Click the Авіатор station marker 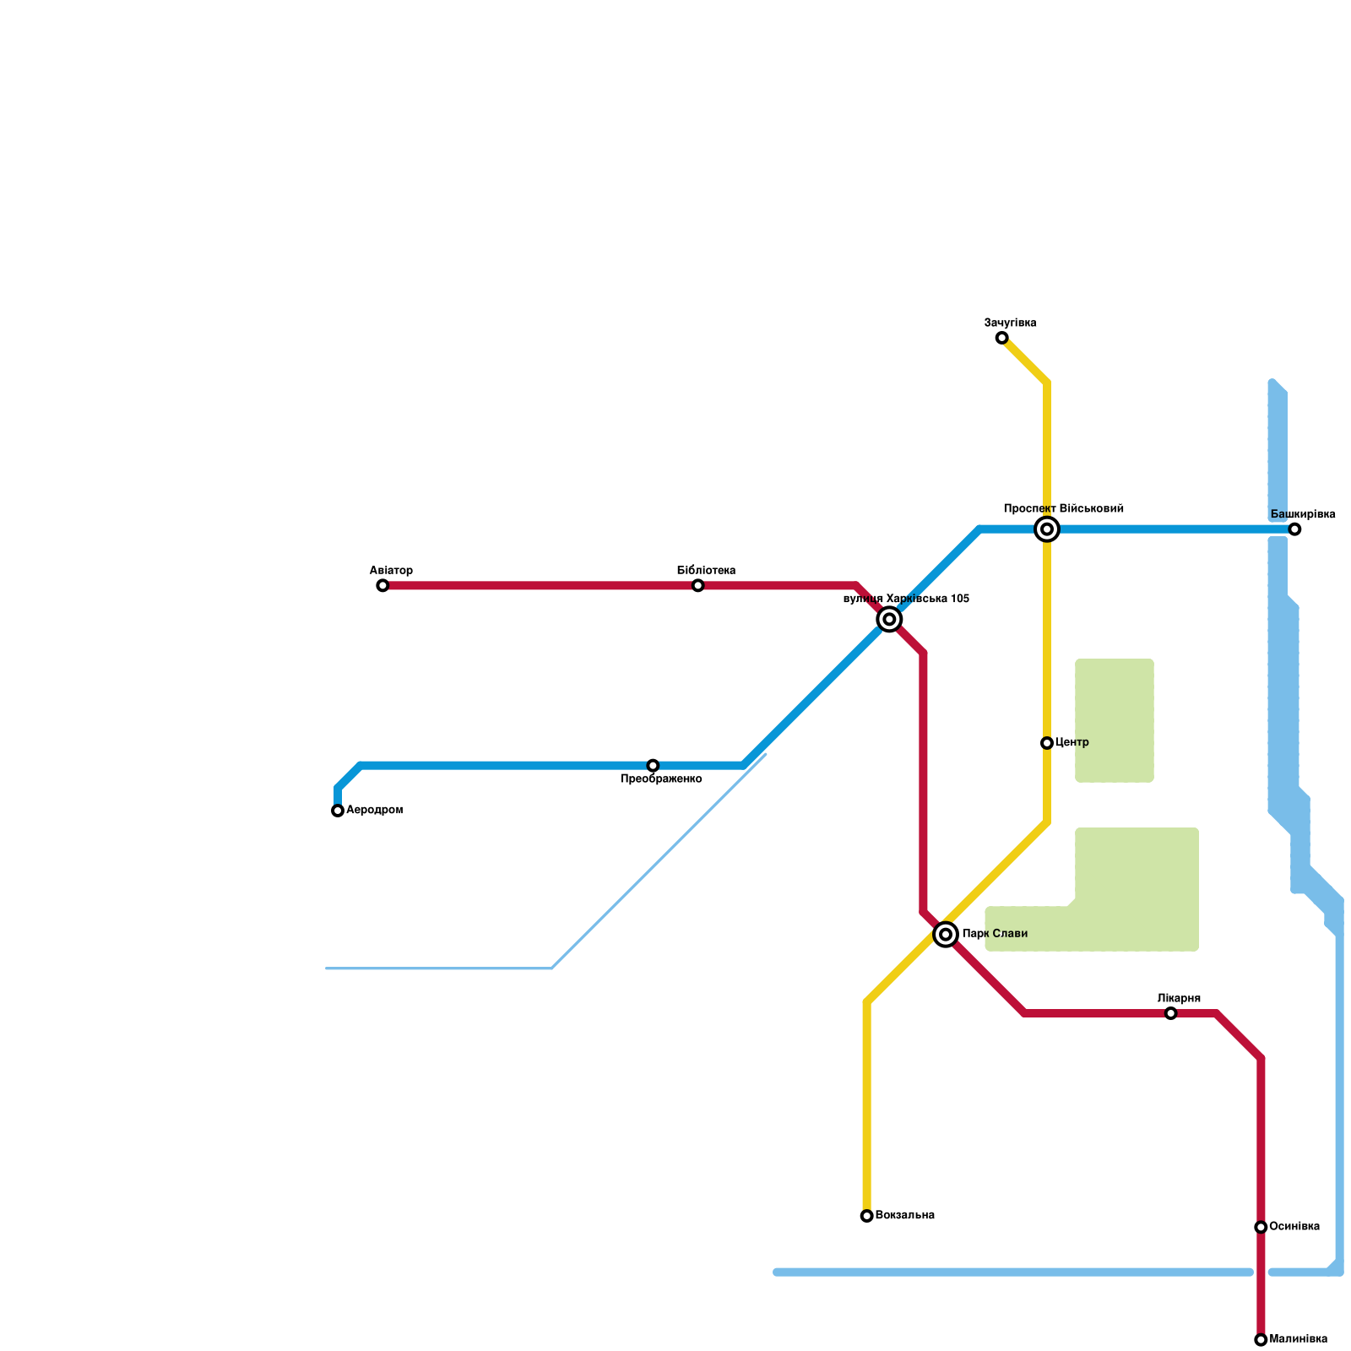tap(383, 585)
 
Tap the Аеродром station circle tap(338, 811)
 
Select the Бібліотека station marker tap(697, 585)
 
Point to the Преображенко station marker tap(653, 766)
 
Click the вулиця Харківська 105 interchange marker tap(889, 619)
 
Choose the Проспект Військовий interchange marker tap(1047, 529)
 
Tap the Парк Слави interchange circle tap(946, 935)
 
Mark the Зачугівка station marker tap(1001, 338)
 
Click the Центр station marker tap(1047, 743)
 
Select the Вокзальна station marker tap(866, 1216)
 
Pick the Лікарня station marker tap(1170, 1013)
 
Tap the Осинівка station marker tap(1261, 1227)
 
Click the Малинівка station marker tap(1261, 1340)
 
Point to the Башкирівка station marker tap(1294, 529)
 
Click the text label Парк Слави tap(995, 934)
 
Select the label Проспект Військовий tap(1063, 509)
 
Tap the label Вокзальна tap(905, 1216)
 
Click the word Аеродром tap(375, 811)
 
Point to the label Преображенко tap(661, 779)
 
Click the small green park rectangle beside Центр tap(1114, 720)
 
